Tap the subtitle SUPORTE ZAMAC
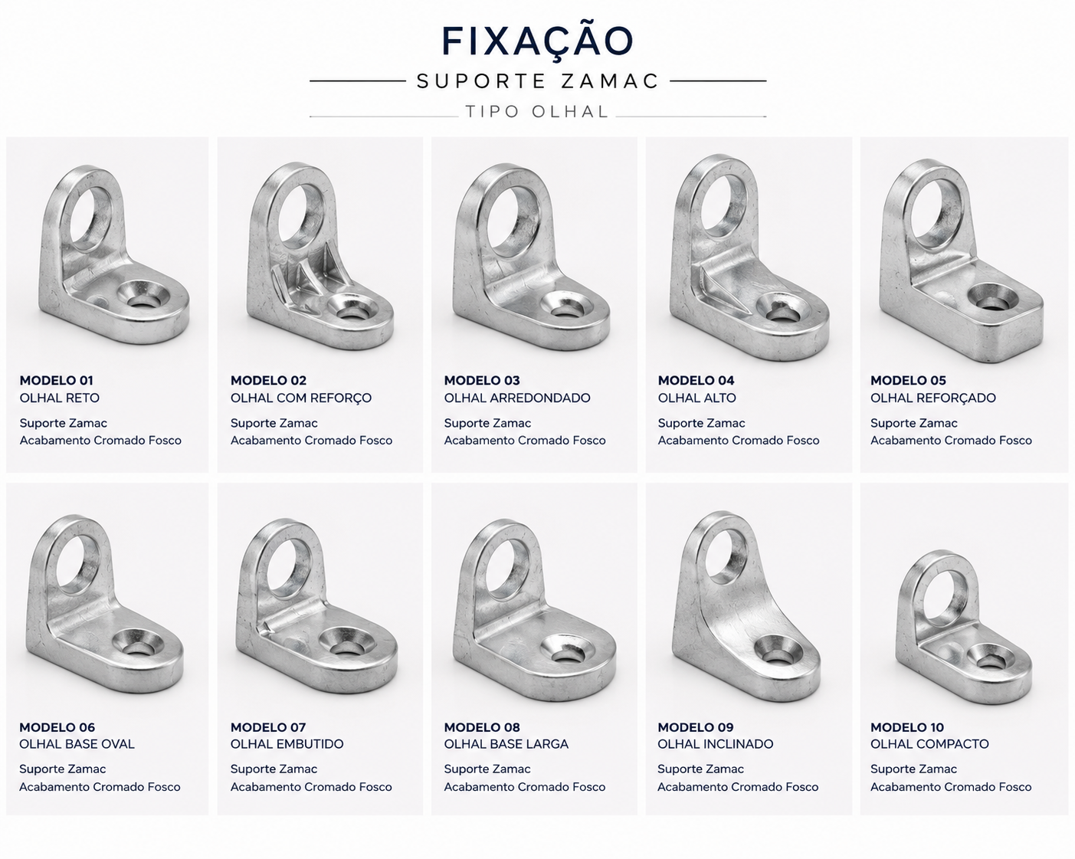pyautogui.click(x=538, y=81)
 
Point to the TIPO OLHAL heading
pyautogui.click(x=537, y=111)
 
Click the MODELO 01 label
pyautogui.click(x=57, y=380)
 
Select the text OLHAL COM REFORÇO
pyautogui.click(x=300, y=398)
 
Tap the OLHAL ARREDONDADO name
pyautogui.click(x=517, y=398)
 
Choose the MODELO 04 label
pyautogui.click(x=696, y=380)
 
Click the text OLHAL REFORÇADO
pyautogui.click(x=932, y=398)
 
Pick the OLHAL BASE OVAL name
pyautogui.click(x=77, y=744)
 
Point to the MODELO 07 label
pyautogui.click(x=268, y=727)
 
